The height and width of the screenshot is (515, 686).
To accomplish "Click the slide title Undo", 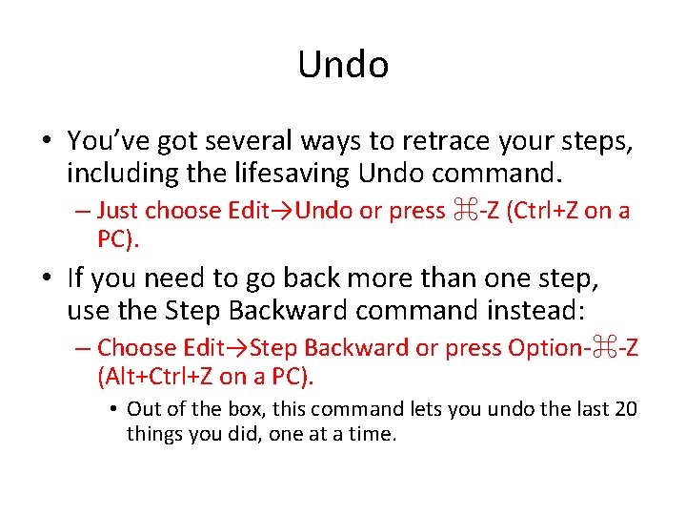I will pyautogui.click(x=343, y=65).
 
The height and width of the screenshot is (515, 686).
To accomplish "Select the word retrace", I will pyautogui.click(x=422, y=141).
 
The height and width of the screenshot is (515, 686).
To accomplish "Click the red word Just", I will pyautogui.click(x=119, y=210).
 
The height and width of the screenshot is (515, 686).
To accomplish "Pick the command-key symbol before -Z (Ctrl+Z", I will pyautogui.click(x=464, y=210).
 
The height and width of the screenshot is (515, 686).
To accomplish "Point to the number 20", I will pyautogui.click(x=626, y=409).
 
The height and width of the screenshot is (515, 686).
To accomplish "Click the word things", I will pyautogui.click(x=154, y=434).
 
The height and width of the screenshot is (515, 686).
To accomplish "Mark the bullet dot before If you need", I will pyautogui.click(x=47, y=278).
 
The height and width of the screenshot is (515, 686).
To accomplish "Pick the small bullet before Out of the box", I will pyautogui.click(x=112, y=410).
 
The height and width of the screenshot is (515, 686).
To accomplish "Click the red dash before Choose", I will pyautogui.click(x=83, y=349).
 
